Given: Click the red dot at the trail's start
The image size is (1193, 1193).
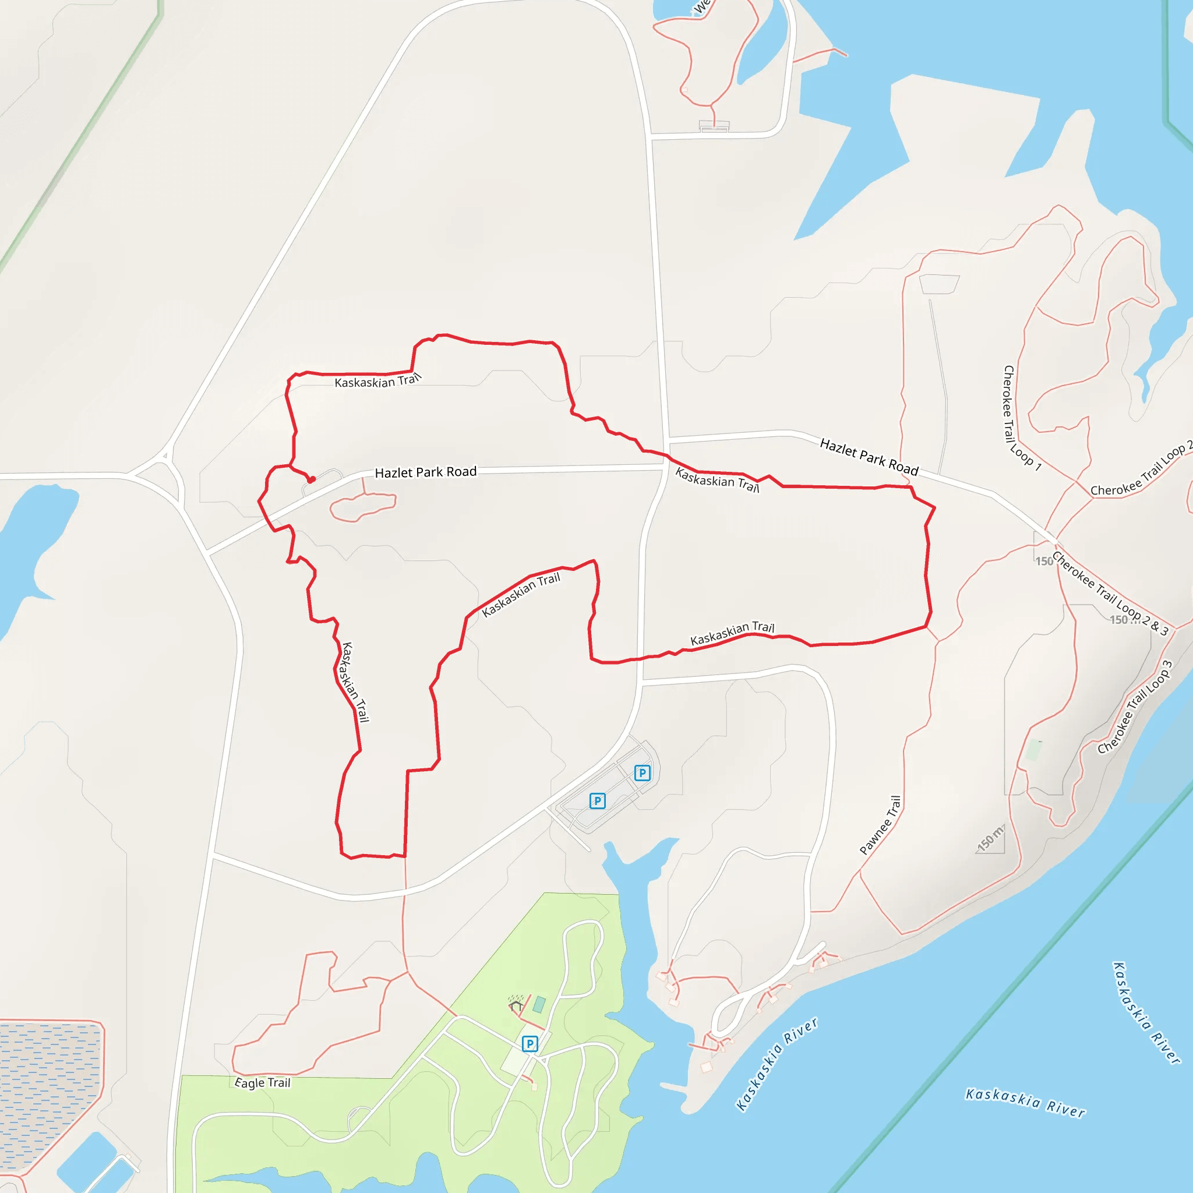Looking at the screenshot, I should click(x=312, y=480).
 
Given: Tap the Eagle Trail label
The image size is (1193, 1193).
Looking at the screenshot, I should click(x=263, y=1082).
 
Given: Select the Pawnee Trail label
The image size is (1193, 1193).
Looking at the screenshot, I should click(x=881, y=825).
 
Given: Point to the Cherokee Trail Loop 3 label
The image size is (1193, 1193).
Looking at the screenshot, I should click(x=1135, y=708).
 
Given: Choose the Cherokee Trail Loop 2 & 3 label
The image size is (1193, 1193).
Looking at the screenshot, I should click(x=1110, y=594).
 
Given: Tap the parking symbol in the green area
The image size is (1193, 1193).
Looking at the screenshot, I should click(x=529, y=1043).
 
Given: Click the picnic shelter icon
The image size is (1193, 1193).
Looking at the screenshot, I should click(x=516, y=1006).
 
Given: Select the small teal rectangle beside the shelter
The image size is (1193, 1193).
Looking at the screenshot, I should click(x=539, y=1004).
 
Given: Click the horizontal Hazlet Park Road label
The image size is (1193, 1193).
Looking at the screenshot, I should click(x=426, y=472).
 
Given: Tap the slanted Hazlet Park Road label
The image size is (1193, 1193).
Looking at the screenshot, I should click(x=869, y=456).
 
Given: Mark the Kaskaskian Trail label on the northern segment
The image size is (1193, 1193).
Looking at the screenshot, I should click(x=377, y=381).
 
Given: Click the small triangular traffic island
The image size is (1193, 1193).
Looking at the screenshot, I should click(x=165, y=457).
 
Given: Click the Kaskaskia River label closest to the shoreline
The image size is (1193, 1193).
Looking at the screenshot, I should click(x=777, y=1063).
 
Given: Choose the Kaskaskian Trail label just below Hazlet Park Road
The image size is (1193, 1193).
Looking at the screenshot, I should click(x=717, y=480).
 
